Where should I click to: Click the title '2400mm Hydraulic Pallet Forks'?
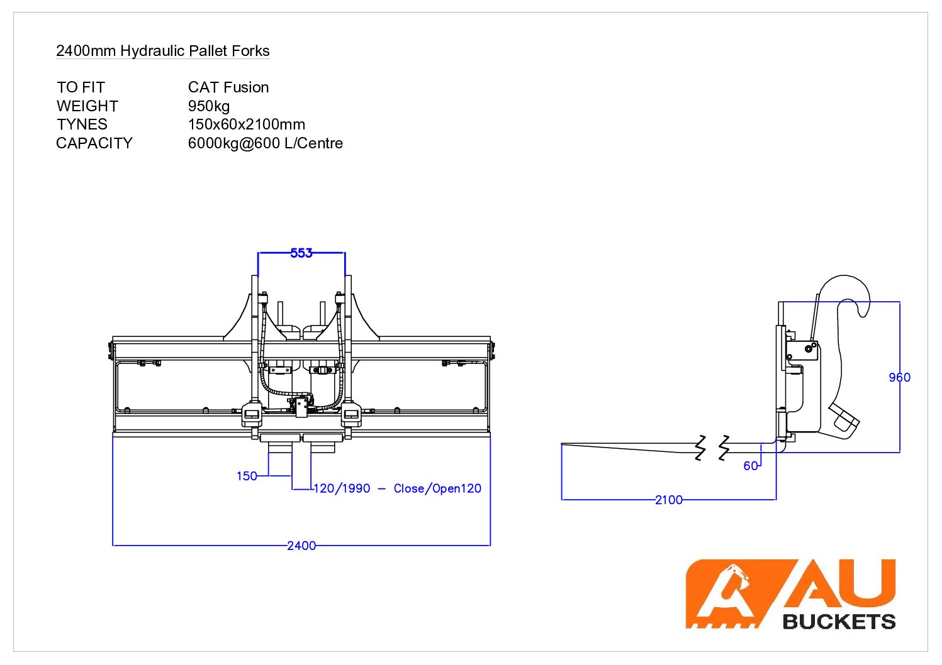pos(162,51)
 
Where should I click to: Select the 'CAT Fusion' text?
pos(228,87)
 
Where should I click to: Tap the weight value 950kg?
pos(208,106)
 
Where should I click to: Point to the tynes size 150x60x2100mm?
pos(246,124)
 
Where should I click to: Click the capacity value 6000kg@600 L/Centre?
pos(265,143)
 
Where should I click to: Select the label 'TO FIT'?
pos(81,87)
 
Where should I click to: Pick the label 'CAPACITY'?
pos(94,143)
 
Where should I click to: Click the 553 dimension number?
pos(301,253)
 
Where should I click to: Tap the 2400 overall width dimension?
pos(301,546)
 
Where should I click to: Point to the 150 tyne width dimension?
pos(247,476)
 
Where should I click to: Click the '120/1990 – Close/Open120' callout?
pos(397,488)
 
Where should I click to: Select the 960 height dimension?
pos(899,377)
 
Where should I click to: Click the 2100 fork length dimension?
pos(668,500)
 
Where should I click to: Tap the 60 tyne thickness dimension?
pos(750,466)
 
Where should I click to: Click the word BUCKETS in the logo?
pos(839,622)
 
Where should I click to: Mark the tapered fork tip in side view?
pos(566,446)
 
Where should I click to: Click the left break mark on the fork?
pos(701,447)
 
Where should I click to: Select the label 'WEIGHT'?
pos(87,106)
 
